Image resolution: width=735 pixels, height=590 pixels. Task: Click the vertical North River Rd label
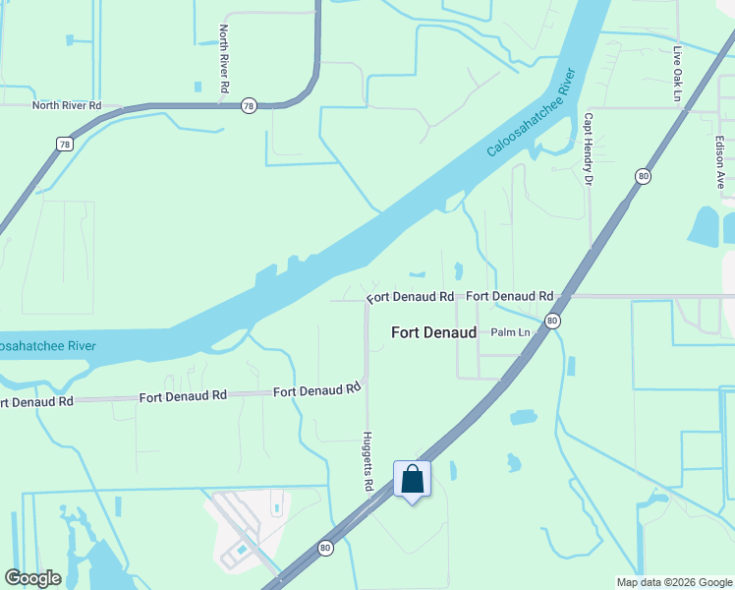pyautogui.click(x=224, y=59)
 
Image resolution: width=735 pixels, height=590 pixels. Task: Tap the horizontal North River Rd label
pyautogui.click(x=67, y=105)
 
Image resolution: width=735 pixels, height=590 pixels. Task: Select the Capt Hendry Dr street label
pyautogui.click(x=589, y=148)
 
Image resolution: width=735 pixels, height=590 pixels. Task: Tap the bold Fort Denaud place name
pyautogui.click(x=433, y=332)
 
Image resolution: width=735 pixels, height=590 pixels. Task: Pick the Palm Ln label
pyautogui.click(x=510, y=332)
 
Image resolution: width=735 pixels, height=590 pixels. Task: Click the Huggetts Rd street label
pyautogui.click(x=367, y=461)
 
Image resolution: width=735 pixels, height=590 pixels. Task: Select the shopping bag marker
pyautogui.click(x=413, y=480)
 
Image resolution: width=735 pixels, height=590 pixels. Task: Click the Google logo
pyautogui.click(x=33, y=578)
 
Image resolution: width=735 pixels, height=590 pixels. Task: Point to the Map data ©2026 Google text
pyautogui.click(x=674, y=582)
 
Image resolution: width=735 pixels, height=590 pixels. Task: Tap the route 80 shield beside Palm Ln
pyautogui.click(x=552, y=321)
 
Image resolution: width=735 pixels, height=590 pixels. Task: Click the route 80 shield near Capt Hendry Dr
pyautogui.click(x=643, y=176)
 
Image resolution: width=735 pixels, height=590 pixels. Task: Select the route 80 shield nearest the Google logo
pyautogui.click(x=324, y=548)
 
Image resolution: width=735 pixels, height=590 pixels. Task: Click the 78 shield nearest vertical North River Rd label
pyautogui.click(x=250, y=106)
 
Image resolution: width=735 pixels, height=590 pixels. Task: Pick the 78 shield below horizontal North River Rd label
pyautogui.click(x=65, y=145)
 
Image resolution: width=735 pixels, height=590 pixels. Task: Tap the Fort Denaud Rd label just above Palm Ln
pyautogui.click(x=509, y=295)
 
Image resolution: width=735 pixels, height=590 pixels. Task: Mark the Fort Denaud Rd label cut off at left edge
pyautogui.click(x=36, y=401)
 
